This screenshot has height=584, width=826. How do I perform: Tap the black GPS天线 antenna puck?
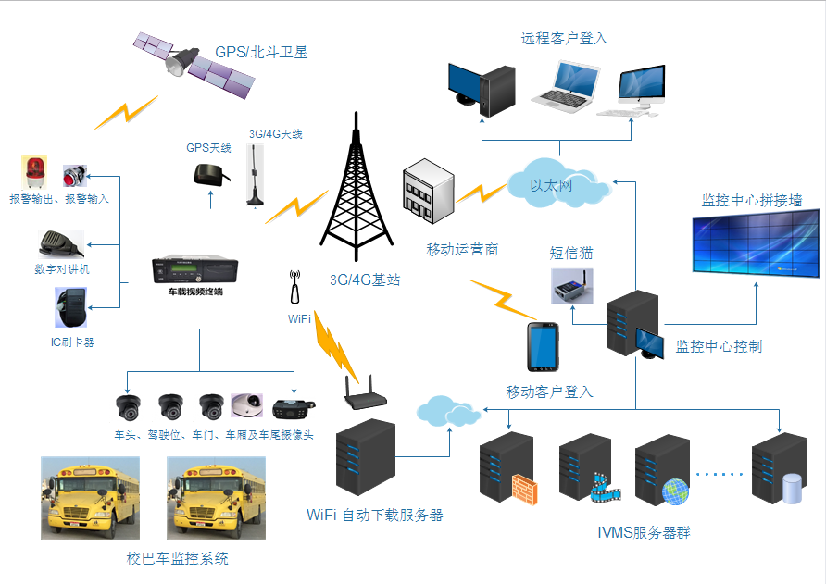[206, 174]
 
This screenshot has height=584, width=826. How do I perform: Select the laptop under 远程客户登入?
[563, 88]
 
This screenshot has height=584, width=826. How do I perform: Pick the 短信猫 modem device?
[571, 286]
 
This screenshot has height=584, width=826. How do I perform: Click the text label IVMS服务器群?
[644, 532]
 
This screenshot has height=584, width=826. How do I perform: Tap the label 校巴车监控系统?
[177, 558]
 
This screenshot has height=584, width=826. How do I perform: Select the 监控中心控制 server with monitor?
[634, 324]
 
